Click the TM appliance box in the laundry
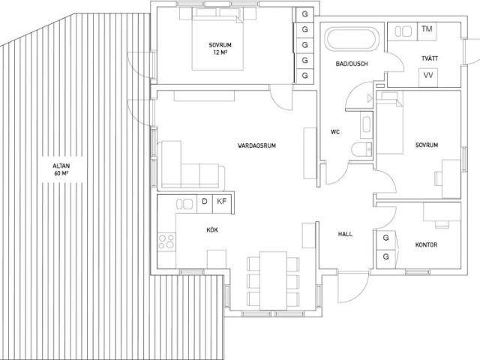(x=427, y=31)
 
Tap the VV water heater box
(x=428, y=77)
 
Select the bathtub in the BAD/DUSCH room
(x=352, y=40)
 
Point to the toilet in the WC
(x=361, y=150)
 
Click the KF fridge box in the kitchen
(x=222, y=204)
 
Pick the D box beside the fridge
(x=205, y=204)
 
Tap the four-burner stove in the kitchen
(x=166, y=241)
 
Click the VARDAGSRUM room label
(x=256, y=145)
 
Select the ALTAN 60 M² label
(x=61, y=169)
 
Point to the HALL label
(x=345, y=234)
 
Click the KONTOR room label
(x=426, y=245)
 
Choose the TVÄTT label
(x=430, y=58)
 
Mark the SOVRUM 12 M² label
(x=220, y=49)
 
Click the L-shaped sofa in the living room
(x=191, y=165)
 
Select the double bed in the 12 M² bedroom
(x=217, y=39)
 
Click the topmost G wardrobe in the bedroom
(x=304, y=14)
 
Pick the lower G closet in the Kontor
(x=385, y=256)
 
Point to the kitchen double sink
(x=184, y=204)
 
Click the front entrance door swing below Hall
(x=352, y=286)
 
